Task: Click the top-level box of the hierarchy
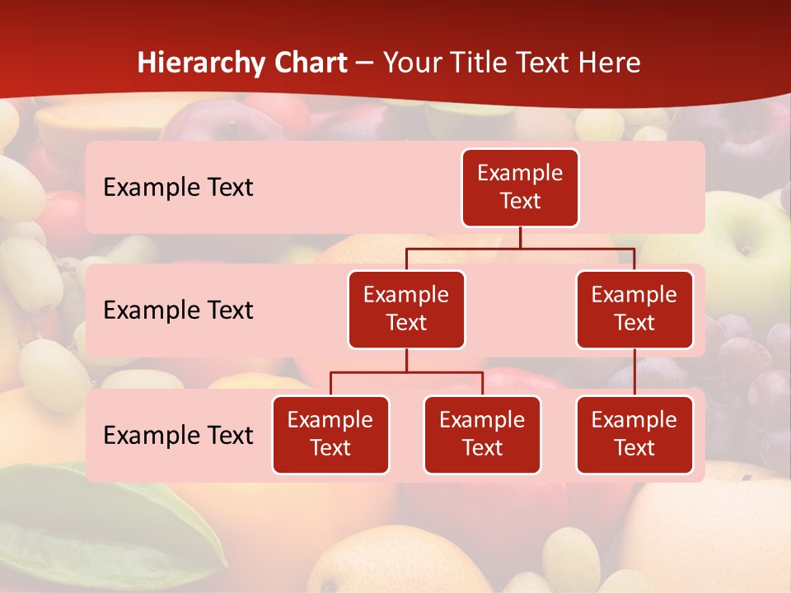[520, 187]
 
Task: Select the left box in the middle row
[406, 309]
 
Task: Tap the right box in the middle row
[634, 309]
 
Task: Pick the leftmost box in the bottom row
[330, 434]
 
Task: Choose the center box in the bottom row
[482, 434]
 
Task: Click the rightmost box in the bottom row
[634, 434]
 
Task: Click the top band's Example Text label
[178, 187]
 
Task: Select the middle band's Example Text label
[178, 310]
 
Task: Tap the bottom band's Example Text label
[178, 435]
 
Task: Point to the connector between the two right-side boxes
[634, 371]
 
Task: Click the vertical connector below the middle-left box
[406, 360]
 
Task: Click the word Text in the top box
[520, 201]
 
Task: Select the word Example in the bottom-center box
[482, 420]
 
